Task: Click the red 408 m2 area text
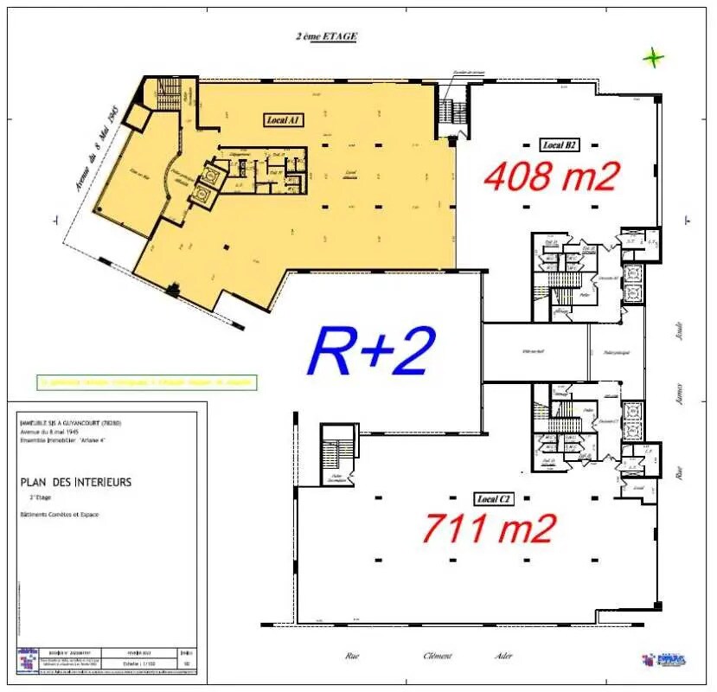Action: click(x=552, y=176)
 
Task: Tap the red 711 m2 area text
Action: click(x=489, y=526)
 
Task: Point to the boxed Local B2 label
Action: click(x=560, y=144)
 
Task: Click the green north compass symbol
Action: click(x=654, y=59)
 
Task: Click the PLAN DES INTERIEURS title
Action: click(x=75, y=482)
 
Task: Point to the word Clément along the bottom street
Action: click(x=438, y=656)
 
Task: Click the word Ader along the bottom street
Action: click(x=503, y=656)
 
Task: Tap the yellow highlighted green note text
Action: click(x=146, y=381)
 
